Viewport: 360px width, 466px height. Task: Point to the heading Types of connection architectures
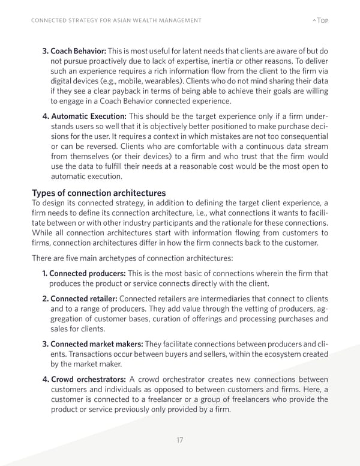[x=98, y=193]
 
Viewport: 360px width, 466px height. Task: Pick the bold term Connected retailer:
[x=84, y=298]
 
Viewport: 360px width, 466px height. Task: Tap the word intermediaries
[x=214, y=298]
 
